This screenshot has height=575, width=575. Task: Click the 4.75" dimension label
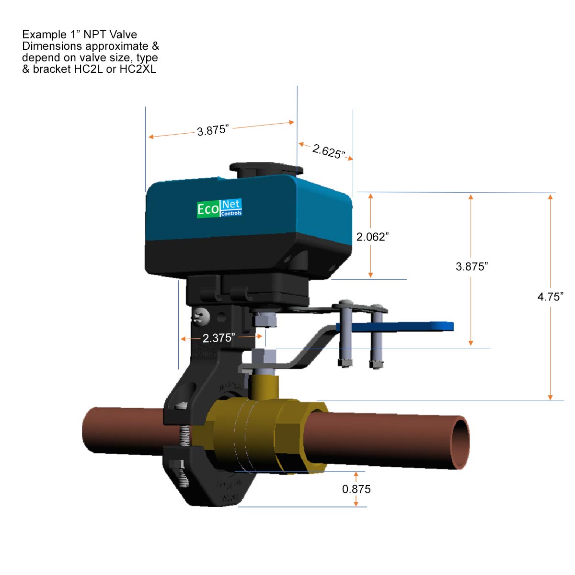[550, 297]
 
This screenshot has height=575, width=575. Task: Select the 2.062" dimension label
[372, 237]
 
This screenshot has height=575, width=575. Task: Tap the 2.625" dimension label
[328, 151]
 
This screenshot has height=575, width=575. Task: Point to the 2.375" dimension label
[218, 338]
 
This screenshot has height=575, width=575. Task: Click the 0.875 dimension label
[356, 489]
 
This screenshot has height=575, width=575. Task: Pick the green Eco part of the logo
[208, 209]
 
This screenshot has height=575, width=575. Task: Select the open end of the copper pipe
[460, 441]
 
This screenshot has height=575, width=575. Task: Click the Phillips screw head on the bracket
[201, 316]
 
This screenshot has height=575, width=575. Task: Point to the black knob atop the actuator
[265, 169]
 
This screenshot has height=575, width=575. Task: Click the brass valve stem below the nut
[263, 386]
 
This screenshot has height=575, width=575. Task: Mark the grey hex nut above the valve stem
[263, 357]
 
